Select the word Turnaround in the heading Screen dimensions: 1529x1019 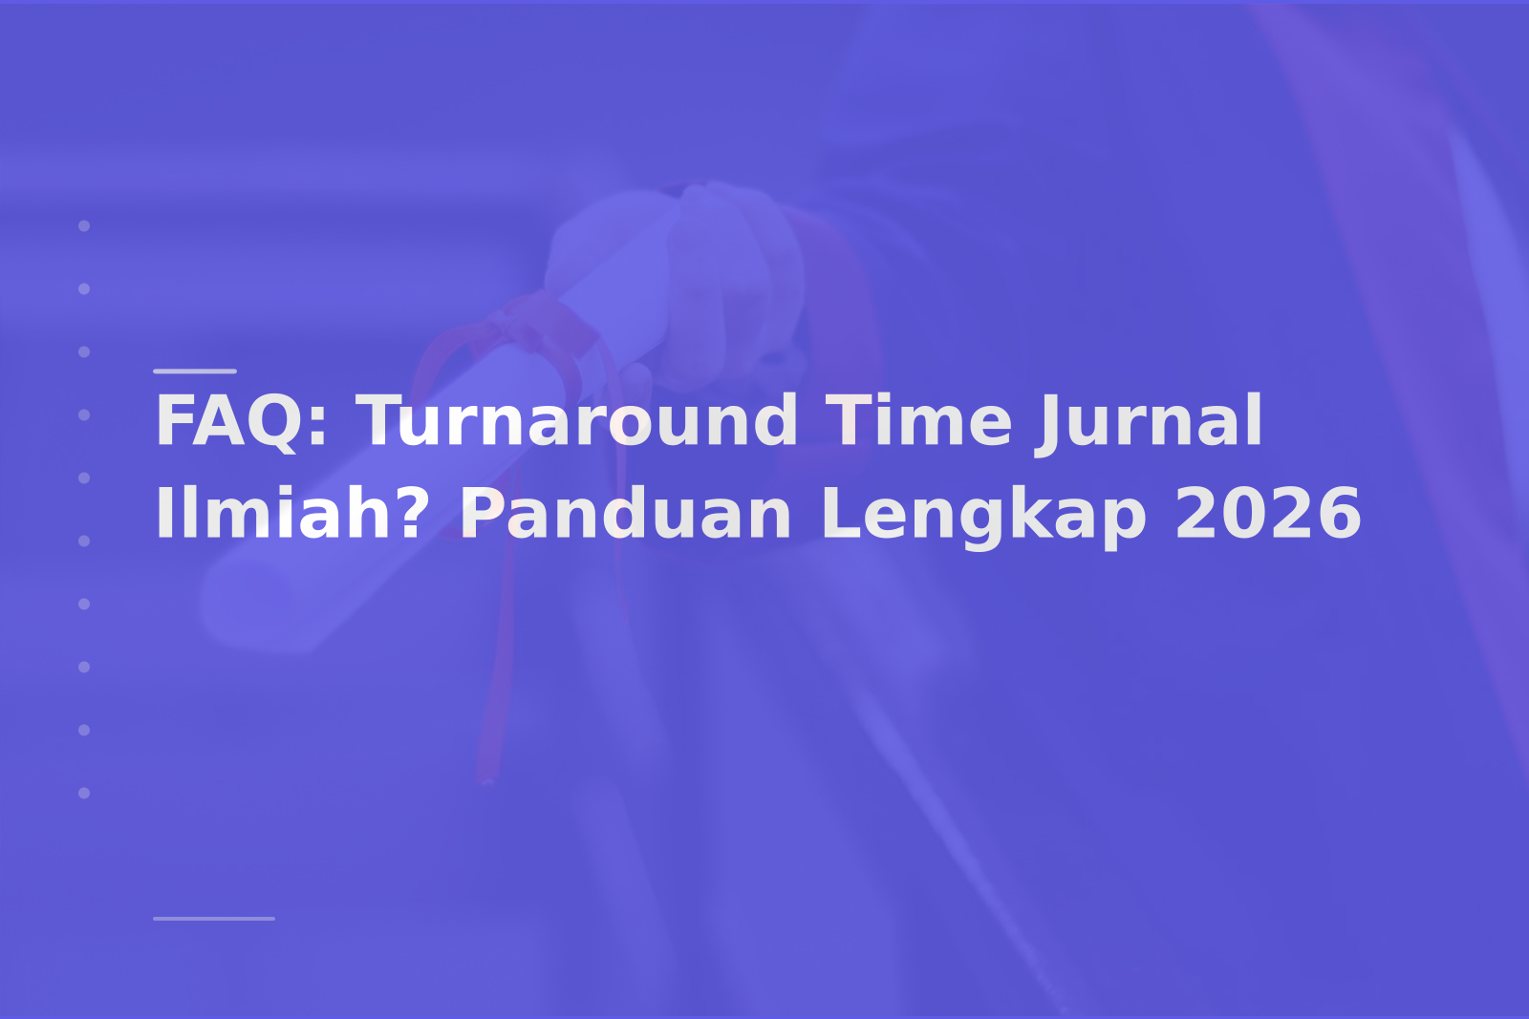pyautogui.click(x=577, y=421)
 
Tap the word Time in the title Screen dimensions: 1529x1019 pyautogui.click(x=918, y=421)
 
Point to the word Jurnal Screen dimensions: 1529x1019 pyautogui.click(x=1149, y=423)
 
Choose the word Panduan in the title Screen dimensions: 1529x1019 pyautogui.click(x=626, y=512)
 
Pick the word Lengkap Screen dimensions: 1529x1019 pyautogui.click(x=983, y=517)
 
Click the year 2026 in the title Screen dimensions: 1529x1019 pyautogui.click(x=1267, y=512)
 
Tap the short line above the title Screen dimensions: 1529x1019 pyautogui.click(x=195, y=372)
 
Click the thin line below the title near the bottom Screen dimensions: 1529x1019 pyautogui.click(x=214, y=919)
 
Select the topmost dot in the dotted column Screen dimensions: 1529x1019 pyautogui.click(x=84, y=225)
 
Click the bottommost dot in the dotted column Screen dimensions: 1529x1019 pyautogui.click(x=84, y=793)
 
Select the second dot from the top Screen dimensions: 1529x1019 pyautogui.click(x=84, y=288)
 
